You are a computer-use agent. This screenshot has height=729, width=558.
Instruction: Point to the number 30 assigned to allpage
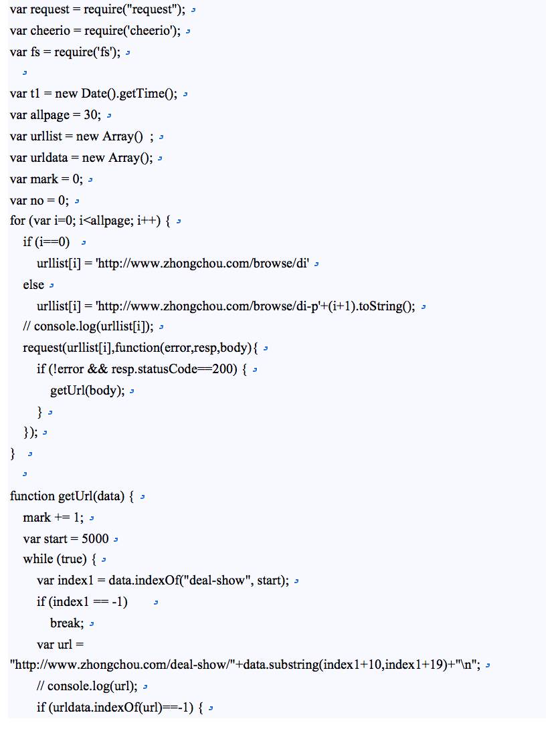point(92,114)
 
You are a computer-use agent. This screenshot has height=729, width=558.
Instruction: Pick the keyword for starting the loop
point(17,221)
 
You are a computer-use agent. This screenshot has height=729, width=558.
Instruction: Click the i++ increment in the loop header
point(148,221)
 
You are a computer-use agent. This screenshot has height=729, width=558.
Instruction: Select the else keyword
point(33,285)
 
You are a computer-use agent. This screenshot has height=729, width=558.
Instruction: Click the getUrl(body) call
point(87,391)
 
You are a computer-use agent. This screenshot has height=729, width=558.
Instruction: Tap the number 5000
point(96,538)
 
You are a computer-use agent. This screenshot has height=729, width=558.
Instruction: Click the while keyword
point(37,559)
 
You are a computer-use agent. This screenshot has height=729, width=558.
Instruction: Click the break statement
point(66,623)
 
